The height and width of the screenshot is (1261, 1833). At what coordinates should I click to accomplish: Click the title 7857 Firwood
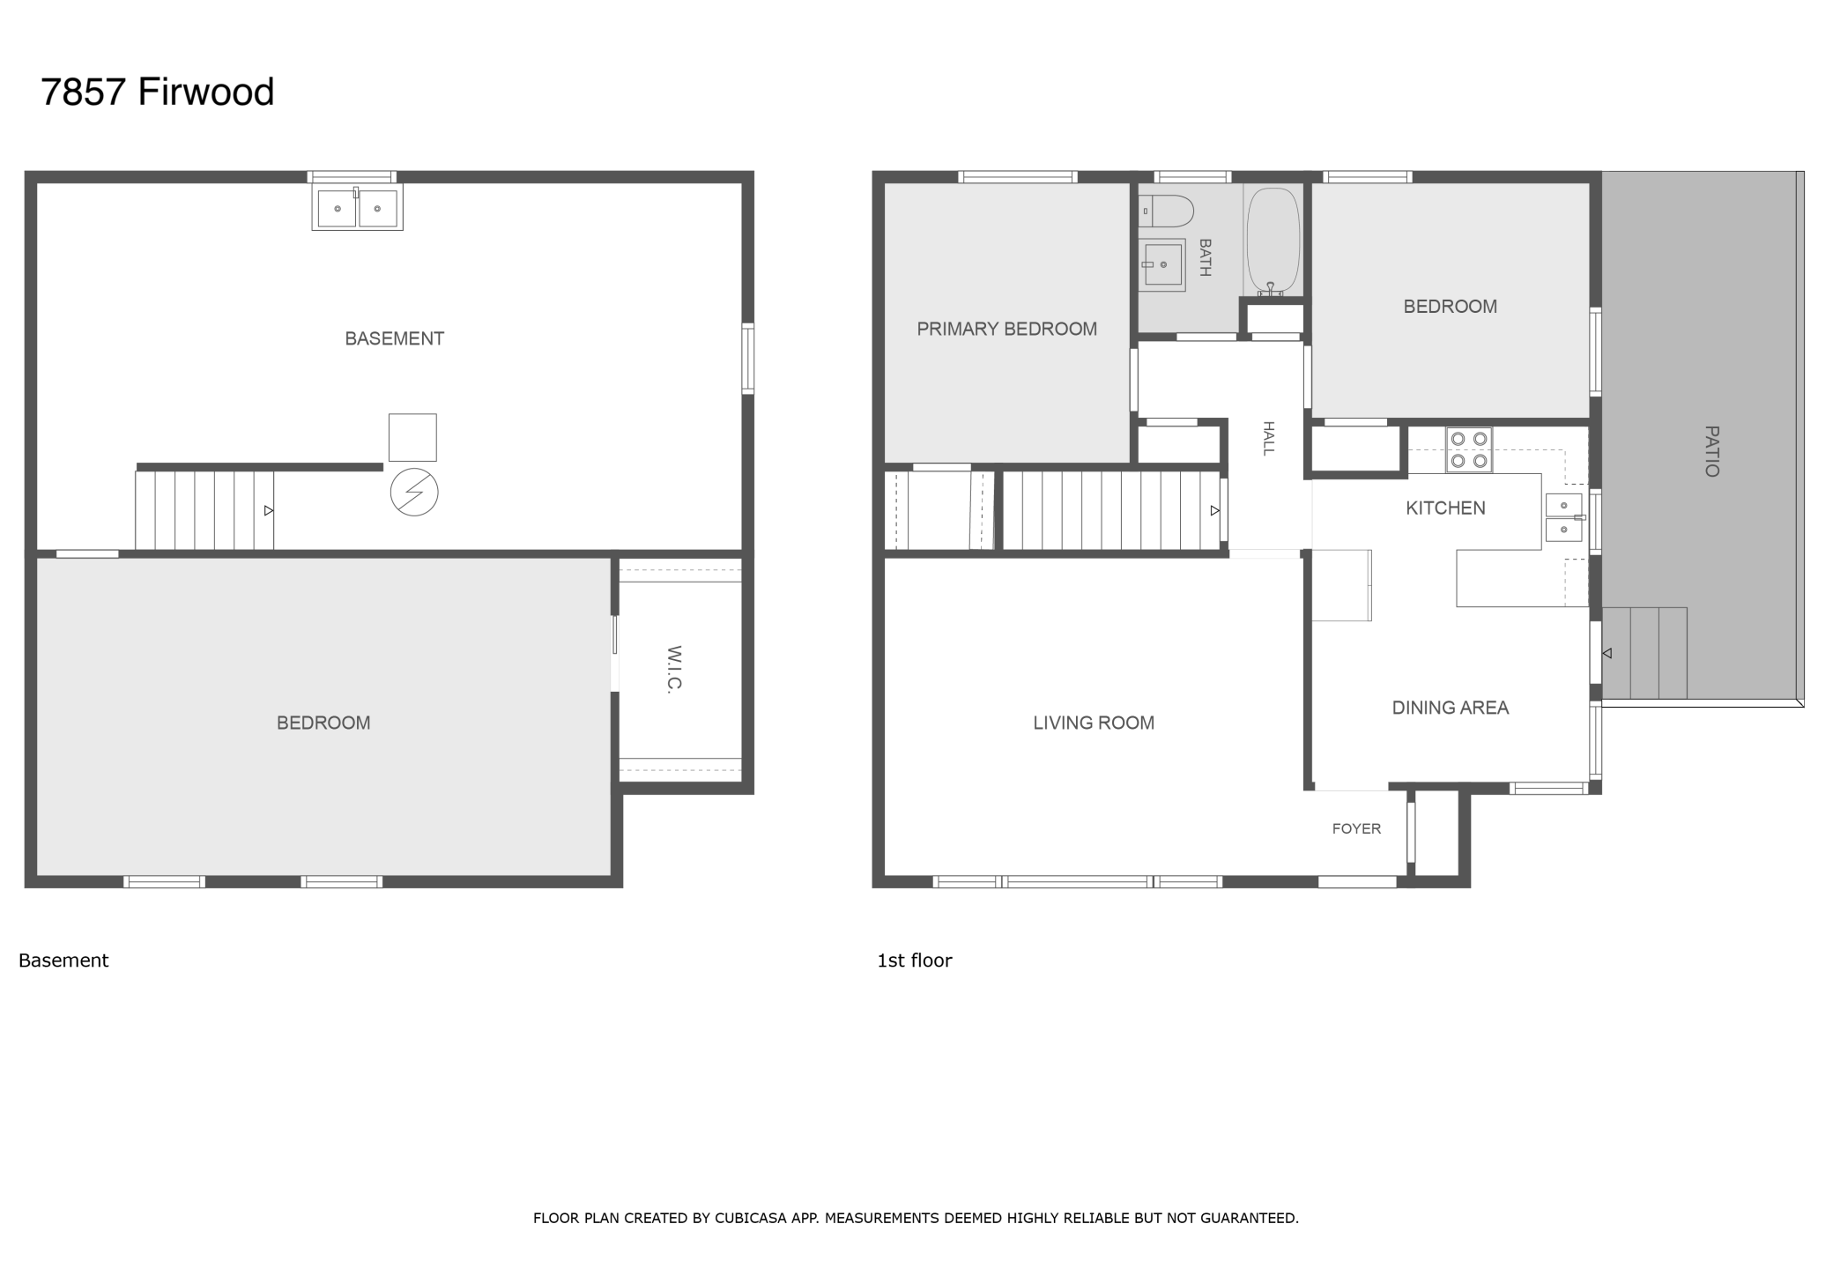[158, 92]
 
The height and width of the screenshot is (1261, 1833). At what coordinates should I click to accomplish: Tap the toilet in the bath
[1166, 211]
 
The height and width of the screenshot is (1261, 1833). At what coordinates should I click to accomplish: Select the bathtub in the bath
[1273, 240]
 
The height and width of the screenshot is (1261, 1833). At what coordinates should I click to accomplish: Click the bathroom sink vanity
[1161, 264]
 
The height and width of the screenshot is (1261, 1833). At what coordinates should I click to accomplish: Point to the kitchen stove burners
[1469, 449]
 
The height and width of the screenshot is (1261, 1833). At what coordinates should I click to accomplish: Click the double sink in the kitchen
[1565, 517]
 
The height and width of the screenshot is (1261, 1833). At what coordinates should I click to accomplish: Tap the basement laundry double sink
[357, 208]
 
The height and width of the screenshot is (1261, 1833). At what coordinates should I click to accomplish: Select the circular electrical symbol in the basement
[414, 492]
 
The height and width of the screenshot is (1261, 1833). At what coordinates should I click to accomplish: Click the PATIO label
[1711, 451]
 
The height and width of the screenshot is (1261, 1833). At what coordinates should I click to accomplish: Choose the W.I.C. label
[675, 670]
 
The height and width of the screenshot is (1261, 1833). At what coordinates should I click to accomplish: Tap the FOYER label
[1356, 828]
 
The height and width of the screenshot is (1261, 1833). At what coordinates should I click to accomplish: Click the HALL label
[1269, 438]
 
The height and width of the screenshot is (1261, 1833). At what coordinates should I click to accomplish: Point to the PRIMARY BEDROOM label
[1007, 329]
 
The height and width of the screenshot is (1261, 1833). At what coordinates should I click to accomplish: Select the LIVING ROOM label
[1094, 723]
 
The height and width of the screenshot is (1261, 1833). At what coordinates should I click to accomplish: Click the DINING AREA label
[1451, 708]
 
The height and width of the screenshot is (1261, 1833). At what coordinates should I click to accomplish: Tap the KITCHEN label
[1445, 508]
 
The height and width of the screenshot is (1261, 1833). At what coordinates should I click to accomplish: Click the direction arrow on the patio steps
[1607, 653]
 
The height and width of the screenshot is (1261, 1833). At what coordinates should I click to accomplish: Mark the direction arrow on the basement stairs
[269, 511]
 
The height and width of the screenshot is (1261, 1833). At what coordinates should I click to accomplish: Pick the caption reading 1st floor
[915, 961]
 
